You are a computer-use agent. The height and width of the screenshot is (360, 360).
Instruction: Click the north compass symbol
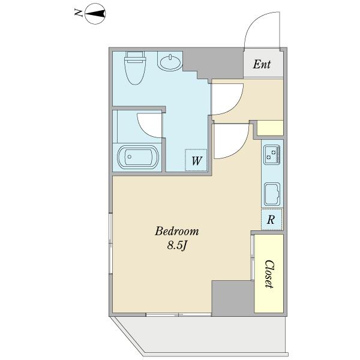pos(95,14)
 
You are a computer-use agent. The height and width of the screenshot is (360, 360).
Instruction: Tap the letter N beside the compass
pos(79,13)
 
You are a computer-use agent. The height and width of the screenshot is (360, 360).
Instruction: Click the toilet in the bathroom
pos(135,68)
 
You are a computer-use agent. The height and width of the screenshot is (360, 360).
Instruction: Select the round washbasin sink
pos(170,62)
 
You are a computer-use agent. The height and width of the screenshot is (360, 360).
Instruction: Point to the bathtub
pos(138,157)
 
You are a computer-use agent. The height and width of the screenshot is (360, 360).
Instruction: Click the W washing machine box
pos(196,160)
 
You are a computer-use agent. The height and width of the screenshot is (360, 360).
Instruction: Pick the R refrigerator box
pos(271,220)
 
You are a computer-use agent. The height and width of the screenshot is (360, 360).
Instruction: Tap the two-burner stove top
pos(272,155)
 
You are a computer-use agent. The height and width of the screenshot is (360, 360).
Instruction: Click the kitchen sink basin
pos(272,194)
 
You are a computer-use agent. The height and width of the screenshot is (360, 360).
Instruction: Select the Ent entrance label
pos(262,65)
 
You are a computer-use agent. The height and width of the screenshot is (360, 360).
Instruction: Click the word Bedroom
pos(177,231)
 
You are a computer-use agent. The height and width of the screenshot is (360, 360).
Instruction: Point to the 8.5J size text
pos(176,246)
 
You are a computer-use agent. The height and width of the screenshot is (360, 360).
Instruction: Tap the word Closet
pos(269,274)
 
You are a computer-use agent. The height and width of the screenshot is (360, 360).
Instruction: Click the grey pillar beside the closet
pos(233,298)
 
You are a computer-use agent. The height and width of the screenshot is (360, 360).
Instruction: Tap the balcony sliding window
pos(179,314)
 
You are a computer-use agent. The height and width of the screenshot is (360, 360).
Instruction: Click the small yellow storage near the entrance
pos(270,128)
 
